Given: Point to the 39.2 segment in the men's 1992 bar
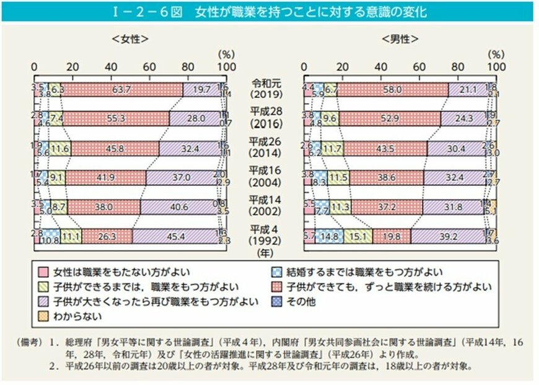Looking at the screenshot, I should click(x=446, y=236).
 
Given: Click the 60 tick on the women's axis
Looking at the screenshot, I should click(x=149, y=66).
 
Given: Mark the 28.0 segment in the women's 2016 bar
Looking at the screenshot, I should click(x=196, y=118).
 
